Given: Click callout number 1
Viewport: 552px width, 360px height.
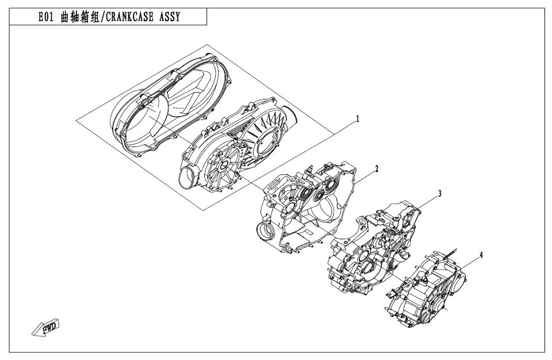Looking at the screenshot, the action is pyautogui.click(x=358, y=120).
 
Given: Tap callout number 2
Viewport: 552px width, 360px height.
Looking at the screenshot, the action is pyautogui.click(x=377, y=169).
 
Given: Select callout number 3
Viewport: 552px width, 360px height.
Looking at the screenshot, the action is pyautogui.click(x=439, y=194).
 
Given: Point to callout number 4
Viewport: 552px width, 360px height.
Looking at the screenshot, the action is pyautogui.click(x=481, y=255).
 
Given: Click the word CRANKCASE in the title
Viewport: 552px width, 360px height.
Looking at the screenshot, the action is pyautogui.click(x=129, y=17).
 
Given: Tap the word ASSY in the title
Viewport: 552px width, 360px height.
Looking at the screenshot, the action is pyautogui.click(x=169, y=17).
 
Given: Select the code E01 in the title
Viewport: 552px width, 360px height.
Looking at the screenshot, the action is pyautogui.click(x=46, y=17).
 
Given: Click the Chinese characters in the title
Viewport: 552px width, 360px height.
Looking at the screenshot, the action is pyautogui.click(x=80, y=17).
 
